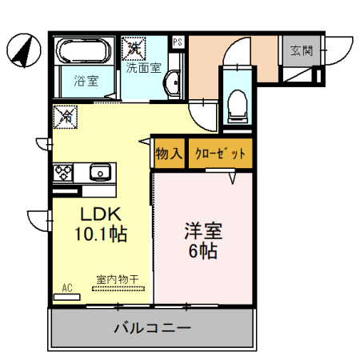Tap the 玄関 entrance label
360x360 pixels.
301,52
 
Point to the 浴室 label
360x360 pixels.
85,80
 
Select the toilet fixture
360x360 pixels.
236,102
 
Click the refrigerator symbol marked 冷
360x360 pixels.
65,118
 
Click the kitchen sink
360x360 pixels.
100,172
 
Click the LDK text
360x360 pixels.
98,214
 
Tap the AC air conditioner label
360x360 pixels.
66,287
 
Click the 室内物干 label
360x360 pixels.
117,279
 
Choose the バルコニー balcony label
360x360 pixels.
152,328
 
